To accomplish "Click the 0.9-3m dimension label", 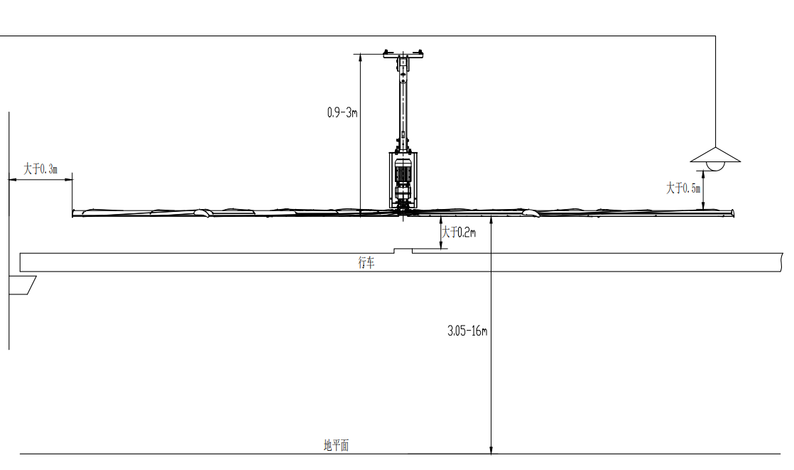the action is click(342, 112).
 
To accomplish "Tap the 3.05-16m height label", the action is click(467, 331).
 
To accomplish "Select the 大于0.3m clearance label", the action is click(40, 169).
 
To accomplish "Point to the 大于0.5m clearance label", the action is click(683, 188).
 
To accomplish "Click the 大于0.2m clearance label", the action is click(459, 233).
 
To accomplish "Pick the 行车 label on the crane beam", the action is click(366, 262).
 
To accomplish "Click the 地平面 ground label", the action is click(336, 445).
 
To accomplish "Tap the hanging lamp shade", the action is click(715, 154).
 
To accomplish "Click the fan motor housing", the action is click(403, 179).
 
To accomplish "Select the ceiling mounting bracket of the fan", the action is click(403, 54).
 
